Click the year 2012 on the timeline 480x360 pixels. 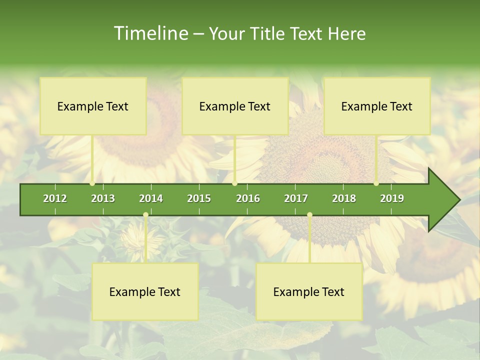(55, 198)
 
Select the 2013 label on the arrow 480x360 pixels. (103, 198)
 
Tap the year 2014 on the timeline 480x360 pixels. (151, 198)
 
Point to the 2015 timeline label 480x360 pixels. (199, 198)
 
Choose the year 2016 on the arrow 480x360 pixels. (248, 198)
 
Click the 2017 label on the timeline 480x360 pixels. (296, 198)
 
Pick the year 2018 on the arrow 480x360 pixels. (344, 198)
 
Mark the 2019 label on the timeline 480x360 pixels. (392, 198)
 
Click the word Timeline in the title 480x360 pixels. (149, 33)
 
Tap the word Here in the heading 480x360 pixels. (346, 34)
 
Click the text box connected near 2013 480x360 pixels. (93, 106)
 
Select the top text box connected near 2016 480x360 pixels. (235, 106)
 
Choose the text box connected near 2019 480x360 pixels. (377, 106)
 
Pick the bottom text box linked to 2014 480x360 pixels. (145, 291)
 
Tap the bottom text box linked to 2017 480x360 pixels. (309, 291)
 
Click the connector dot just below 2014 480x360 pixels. (145, 215)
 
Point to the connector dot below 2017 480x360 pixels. (309, 215)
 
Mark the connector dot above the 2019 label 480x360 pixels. (376, 183)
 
